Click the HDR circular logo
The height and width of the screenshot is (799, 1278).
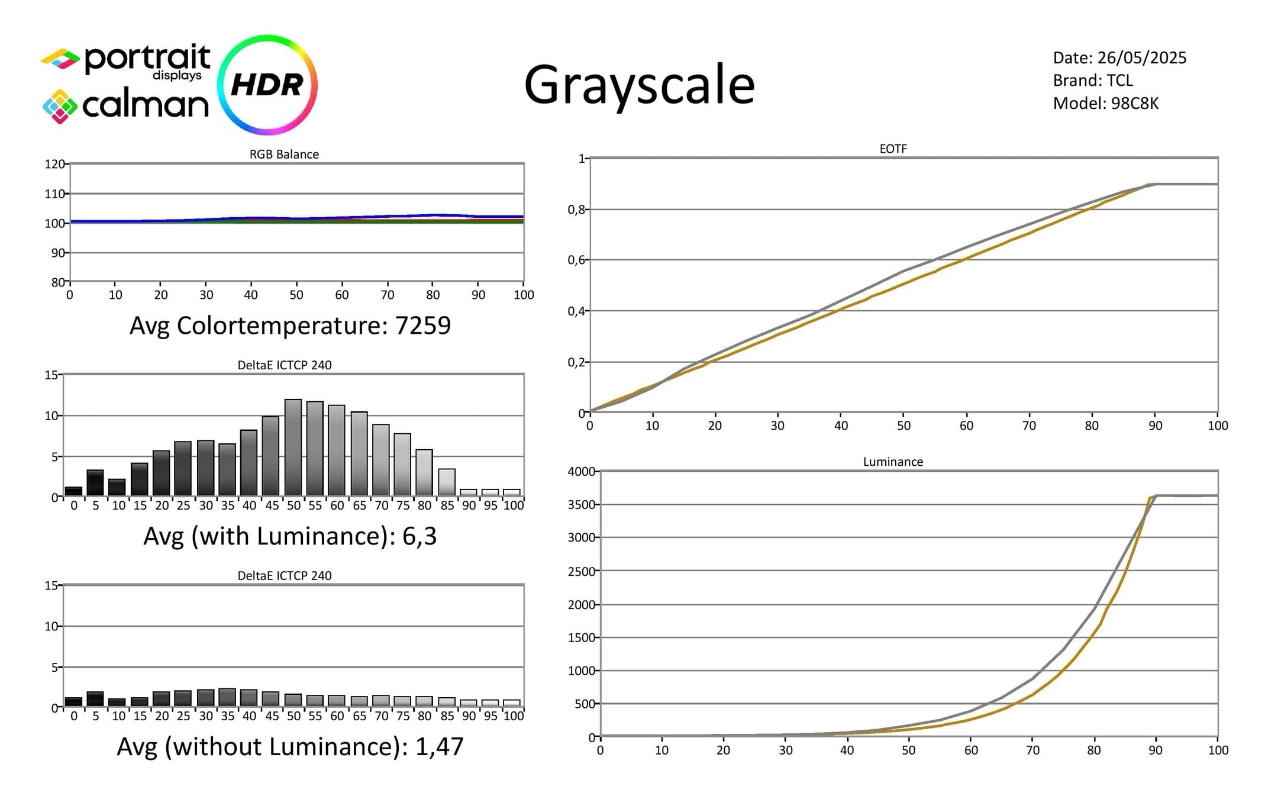pos(267,85)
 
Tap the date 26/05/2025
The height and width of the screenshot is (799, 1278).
pos(1142,58)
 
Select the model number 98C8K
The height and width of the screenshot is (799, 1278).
pos(1135,104)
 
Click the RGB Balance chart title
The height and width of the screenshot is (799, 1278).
pos(284,154)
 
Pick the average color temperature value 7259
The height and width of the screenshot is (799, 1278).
pos(423,326)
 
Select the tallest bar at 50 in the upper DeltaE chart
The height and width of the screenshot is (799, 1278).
pos(293,448)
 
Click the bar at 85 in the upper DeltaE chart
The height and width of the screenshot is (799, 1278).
pos(447,483)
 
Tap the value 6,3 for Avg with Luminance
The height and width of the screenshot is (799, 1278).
pos(419,536)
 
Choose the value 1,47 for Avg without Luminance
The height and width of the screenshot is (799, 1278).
pos(440,747)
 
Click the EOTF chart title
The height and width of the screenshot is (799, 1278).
pos(893,149)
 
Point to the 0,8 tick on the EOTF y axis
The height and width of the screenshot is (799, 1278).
pos(576,210)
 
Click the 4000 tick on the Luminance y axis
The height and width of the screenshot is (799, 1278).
pos(581,472)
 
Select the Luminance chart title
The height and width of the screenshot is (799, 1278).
pos(893,462)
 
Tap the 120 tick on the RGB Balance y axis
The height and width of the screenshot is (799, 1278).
pos(54,164)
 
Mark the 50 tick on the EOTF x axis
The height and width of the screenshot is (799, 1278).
pos(903,426)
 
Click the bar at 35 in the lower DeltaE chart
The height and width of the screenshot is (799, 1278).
pos(227,698)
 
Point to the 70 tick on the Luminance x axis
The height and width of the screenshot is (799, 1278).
pos(1032,750)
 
